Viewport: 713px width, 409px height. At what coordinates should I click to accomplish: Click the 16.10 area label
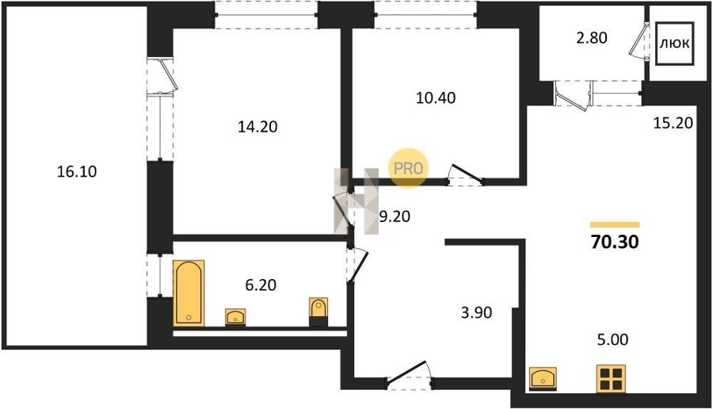tap(77, 171)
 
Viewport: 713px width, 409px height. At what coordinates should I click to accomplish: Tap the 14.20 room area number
tap(257, 127)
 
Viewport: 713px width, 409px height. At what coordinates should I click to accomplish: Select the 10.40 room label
tap(436, 97)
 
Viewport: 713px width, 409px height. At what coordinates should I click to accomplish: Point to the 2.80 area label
tap(592, 37)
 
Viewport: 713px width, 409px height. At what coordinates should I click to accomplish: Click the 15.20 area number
tap(673, 122)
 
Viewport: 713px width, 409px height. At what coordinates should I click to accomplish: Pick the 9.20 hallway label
tap(395, 216)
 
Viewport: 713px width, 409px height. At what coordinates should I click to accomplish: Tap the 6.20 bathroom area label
tap(261, 285)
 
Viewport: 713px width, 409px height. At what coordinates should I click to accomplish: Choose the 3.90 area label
tap(477, 312)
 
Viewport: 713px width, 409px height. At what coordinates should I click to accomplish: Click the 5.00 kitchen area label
tap(613, 339)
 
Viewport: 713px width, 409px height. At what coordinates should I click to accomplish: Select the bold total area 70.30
tap(615, 242)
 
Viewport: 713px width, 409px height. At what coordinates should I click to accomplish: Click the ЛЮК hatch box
tap(675, 44)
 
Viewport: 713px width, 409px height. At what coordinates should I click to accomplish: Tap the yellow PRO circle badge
tap(408, 168)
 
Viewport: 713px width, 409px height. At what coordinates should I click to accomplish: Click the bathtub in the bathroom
tap(189, 293)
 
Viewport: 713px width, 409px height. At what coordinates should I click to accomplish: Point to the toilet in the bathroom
tap(318, 312)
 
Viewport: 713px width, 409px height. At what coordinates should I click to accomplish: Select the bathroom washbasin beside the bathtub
tap(235, 316)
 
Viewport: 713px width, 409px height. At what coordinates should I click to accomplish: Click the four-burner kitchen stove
tap(611, 379)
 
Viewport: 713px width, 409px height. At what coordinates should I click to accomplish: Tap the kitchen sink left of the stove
tap(543, 379)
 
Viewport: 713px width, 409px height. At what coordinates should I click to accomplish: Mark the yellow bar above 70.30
tap(615, 225)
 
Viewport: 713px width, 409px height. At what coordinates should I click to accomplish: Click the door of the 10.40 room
tap(465, 176)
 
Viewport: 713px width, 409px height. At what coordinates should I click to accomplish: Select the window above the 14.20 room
tap(266, 14)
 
